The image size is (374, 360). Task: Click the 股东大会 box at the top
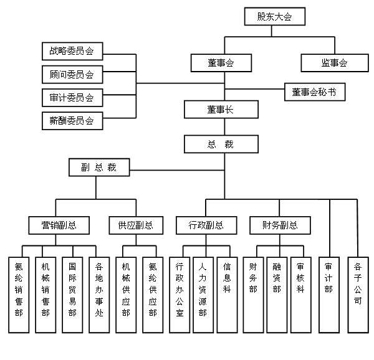click(274, 16)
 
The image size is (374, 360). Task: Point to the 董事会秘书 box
click(314, 92)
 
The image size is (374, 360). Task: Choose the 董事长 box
click(221, 110)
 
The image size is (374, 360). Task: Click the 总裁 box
click(221, 144)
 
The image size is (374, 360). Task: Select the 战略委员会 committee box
click(72, 51)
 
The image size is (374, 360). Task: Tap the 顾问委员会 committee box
click(72, 75)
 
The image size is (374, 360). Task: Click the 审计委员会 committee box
click(72, 98)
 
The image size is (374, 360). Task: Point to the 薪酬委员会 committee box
click(72, 121)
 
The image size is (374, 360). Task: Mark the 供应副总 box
click(135, 225)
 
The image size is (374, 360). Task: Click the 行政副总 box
click(206, 225)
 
